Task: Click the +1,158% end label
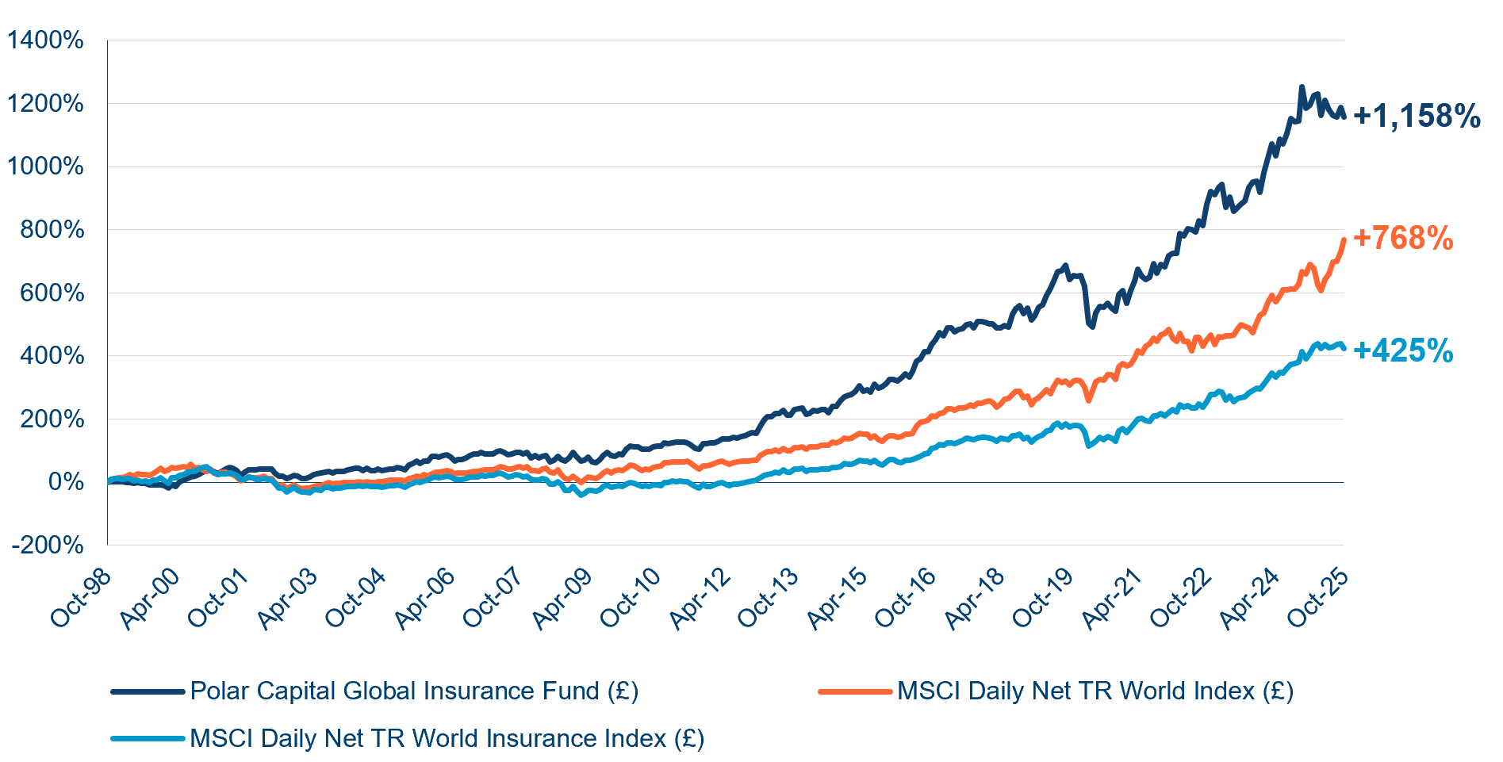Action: click(1417, 117)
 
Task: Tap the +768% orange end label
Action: click(1403, 238)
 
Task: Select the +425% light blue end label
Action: click(1403, 350)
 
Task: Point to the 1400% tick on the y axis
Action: click(45, 40)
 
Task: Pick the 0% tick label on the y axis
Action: click(66, 482)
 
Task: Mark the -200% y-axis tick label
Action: click(48, 546)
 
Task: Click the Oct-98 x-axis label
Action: click(81, 599)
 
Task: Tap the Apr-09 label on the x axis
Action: click(562, 599)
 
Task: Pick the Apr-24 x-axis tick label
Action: click(1250, 599)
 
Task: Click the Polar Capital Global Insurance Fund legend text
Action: click(414, 691)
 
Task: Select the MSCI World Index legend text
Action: click(1095, 691)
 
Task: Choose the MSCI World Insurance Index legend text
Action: click(447, 739)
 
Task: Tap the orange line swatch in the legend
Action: click(855, 691)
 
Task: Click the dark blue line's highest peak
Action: click(1301, 87)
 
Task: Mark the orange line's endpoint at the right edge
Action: click(1344, 239)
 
